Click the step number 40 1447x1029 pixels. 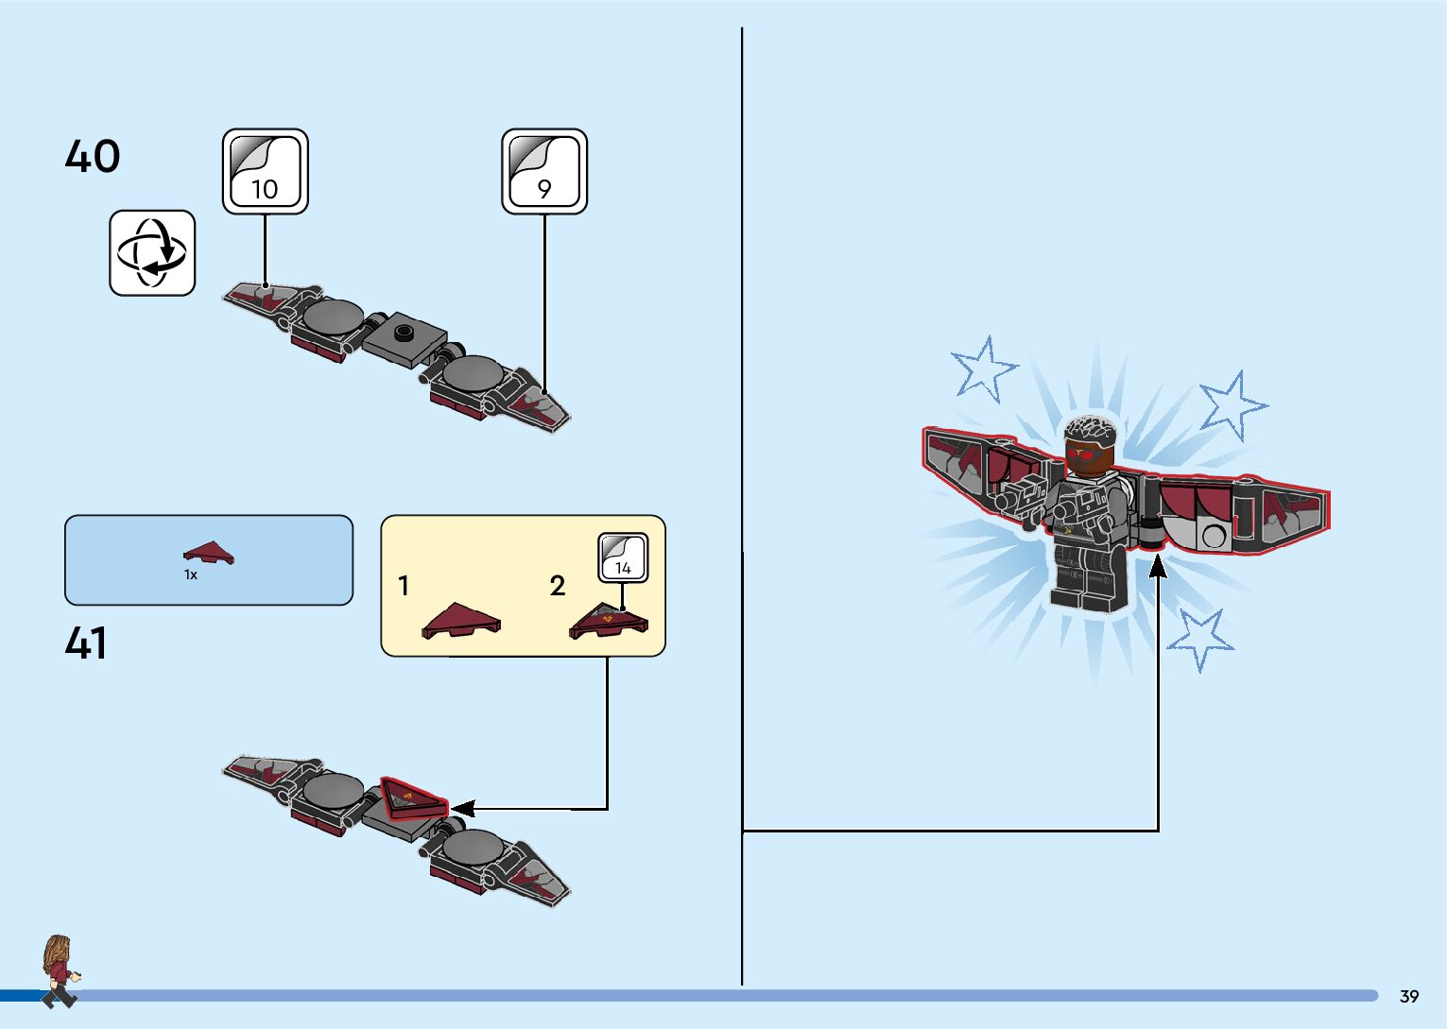click(x=93, y=157)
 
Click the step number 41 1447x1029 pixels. click(x=86, y=643)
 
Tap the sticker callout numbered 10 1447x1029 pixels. click(x=265, y=172)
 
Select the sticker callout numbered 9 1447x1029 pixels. click(x=543, y=172)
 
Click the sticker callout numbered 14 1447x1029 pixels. click(x=623, y=557)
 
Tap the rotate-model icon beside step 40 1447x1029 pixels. click(x=152, y=253)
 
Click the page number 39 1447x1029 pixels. click(x=1409, y=996)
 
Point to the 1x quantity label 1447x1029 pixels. click(x=191, y=575)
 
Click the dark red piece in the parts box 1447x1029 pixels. click(x=209, y=554)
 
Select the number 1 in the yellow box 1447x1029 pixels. click(x=404, y=586)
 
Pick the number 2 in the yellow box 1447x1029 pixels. click(x=558, y=586)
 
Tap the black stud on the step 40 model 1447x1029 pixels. click(x=404, y=332)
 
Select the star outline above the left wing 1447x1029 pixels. click(x=984, y=369)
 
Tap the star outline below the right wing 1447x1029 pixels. click(x=1200, y=639)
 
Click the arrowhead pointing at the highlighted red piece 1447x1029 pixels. click(x=462, y=809)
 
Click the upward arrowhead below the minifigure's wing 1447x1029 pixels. click(x=1158, y=566)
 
